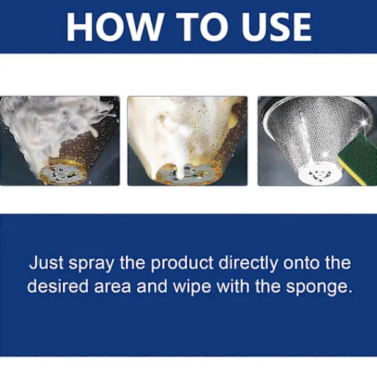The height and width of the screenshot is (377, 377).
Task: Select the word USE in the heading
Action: [276, 27]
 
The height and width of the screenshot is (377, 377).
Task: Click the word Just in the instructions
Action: [46, 263]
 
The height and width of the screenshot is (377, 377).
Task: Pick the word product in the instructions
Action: [182, 264]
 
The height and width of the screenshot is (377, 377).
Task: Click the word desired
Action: [58, 286]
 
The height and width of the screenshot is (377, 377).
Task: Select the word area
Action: [112, 287]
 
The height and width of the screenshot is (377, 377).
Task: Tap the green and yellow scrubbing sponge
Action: [358, 159]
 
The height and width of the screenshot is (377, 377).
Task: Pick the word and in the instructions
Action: [151, 286]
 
